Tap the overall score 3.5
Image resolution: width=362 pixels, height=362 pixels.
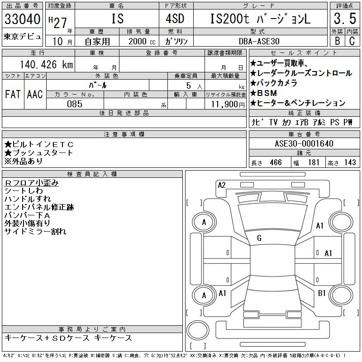[344, 19]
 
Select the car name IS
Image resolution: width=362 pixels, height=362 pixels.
[116, 19]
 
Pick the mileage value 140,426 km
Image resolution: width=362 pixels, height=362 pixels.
[45, 65]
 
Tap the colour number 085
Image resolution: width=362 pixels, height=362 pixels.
[74, 104]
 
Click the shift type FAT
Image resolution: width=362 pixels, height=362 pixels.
[13, 95]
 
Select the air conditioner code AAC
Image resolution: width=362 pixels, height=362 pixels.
[35, 95]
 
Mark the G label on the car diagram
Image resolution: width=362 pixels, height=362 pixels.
[259, 238]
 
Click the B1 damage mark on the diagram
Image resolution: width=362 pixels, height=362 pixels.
[322, 293]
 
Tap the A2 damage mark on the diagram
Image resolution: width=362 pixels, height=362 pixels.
[222, 185]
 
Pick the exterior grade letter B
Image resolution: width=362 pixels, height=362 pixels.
[337, 41]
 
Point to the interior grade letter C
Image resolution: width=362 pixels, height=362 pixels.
[352, 41]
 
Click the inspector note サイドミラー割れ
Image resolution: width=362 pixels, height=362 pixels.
[35, 232]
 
